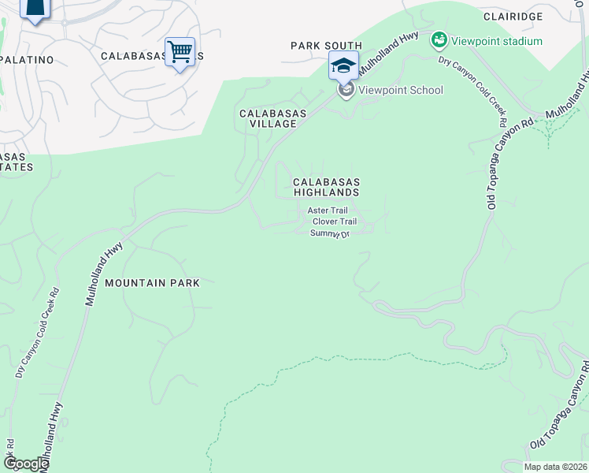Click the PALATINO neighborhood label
(28, 59)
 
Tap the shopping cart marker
(180, 52)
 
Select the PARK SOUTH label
(325, 47)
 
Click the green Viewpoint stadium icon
(439, 39)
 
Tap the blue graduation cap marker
(343, 65)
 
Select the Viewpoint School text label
(400, 90)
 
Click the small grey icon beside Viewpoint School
(346, 91)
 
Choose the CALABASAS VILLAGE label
(272, 119)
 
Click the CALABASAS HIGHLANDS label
(326, 187)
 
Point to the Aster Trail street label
(327, 210)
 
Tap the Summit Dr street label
(329, 233)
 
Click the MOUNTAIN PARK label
(152, 282)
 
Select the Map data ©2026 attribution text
(555, 467)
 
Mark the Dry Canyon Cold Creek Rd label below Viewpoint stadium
(472, 91)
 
